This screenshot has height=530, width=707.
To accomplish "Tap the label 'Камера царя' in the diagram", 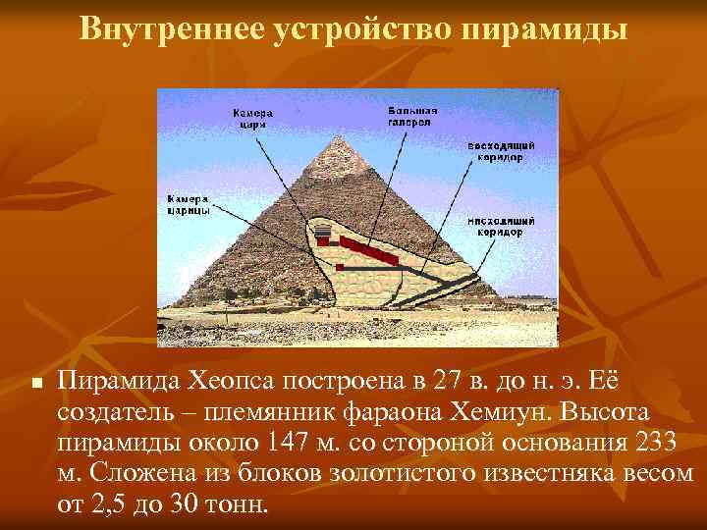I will (251, 119).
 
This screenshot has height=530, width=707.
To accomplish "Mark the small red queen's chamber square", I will (340, 266).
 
